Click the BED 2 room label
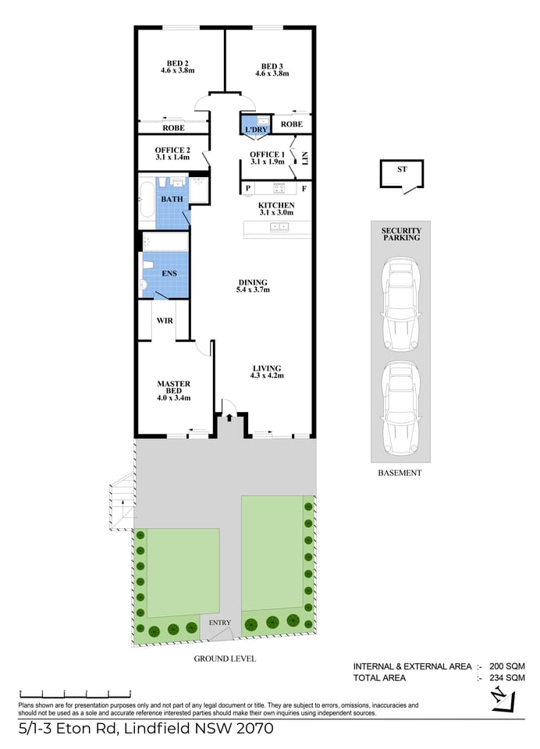(176, 64)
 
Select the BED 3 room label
(272, 66)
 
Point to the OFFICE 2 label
(172, 151)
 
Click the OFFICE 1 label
(266, 154)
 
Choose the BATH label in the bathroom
(172, 199)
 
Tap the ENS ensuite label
(169, 274)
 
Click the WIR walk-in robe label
(164, 321)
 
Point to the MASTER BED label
(173, 383)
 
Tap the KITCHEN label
(275, 204)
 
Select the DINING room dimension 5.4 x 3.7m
(252, 290)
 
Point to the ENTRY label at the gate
(220, 622)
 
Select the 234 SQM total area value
(506, 679)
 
